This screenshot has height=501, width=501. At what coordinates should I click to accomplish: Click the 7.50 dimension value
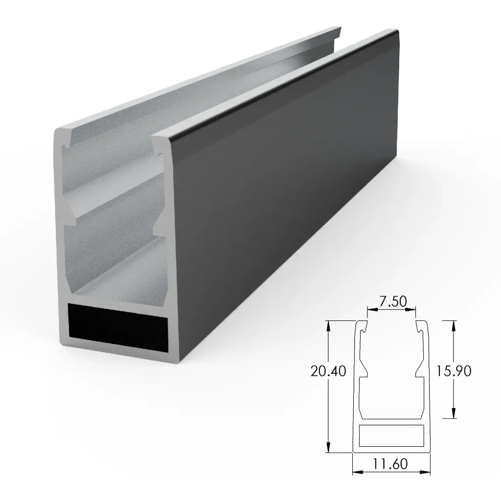(x=391, y=301)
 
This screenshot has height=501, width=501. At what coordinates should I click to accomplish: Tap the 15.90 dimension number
(x=455, y=371)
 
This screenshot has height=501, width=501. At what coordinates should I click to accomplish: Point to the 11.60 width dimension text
(x=391, y=463)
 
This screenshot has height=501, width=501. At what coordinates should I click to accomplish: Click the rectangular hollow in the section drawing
(x=391, y=435)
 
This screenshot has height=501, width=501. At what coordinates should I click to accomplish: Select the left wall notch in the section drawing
(x=364, y=371)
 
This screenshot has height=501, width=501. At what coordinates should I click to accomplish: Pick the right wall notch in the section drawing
(x=419, y=371)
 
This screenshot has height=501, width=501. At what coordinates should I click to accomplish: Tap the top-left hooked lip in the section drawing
(x=362, y=327)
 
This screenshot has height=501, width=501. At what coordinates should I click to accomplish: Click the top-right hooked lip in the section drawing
(x=421, y=327)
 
